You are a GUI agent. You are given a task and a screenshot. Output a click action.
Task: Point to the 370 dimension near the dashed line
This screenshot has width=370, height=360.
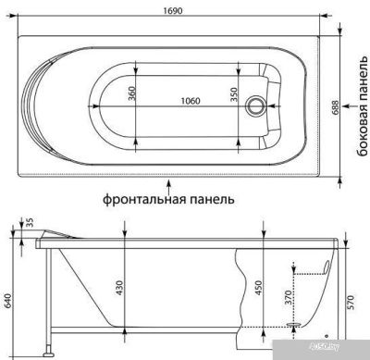tap(287, 297)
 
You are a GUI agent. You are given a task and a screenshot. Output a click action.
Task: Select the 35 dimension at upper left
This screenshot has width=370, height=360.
tap(29, 222)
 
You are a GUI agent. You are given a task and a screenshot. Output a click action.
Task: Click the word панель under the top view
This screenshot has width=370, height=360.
tap(208, 198)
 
